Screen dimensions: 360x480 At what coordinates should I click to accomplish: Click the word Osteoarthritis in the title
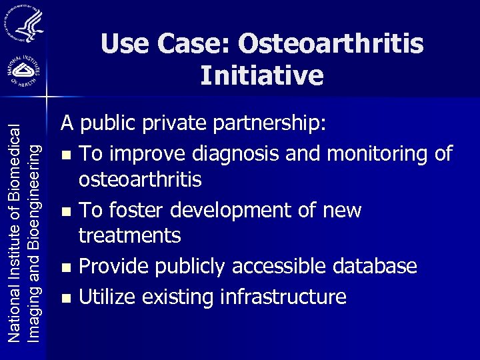331,44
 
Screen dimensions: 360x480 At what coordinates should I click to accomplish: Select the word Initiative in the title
262,75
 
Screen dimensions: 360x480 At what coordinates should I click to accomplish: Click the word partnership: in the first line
271,123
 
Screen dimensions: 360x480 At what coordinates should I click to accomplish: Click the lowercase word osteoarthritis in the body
140,180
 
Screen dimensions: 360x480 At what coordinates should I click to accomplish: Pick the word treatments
129,235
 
